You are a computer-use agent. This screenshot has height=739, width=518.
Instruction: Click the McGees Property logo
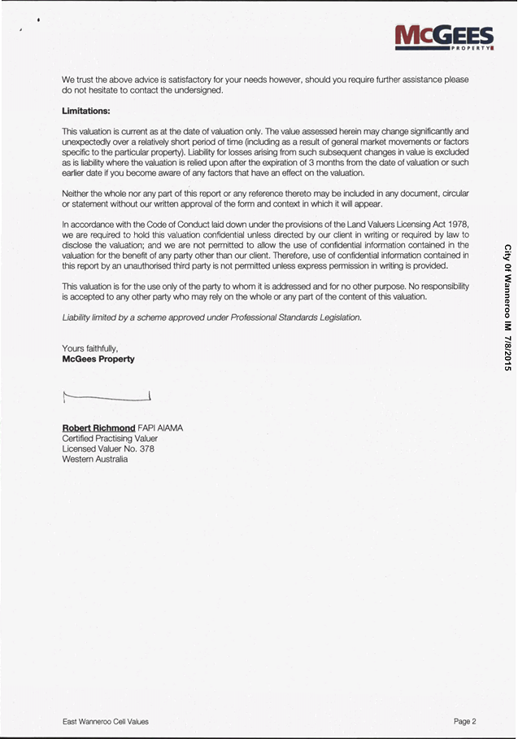(444, 37)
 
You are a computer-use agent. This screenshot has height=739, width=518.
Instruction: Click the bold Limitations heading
(85, 111)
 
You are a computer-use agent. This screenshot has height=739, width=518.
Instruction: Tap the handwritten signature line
(107, 397)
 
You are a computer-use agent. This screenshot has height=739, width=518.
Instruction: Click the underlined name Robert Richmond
(98, 428)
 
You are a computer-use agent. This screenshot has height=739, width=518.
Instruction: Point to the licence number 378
(146, 448)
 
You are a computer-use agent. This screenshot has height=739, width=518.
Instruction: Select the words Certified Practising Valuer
(110, 439)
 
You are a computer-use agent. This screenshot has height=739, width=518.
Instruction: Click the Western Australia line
(94, 459)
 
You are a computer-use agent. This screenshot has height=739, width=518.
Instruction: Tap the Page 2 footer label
(464, 721)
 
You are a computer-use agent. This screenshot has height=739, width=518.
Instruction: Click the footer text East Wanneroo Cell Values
(106, 721)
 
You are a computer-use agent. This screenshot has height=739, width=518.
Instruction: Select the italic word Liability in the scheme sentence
(79, 317)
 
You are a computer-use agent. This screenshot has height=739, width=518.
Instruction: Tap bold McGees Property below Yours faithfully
(98, 359)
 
